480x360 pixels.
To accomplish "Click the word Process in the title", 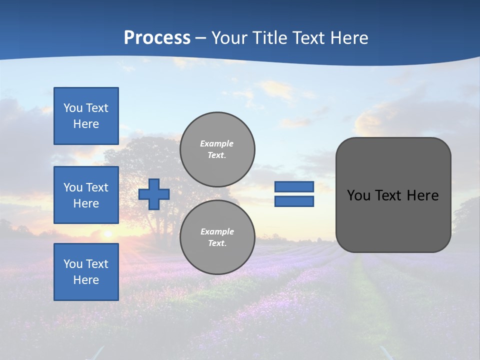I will [157, 37].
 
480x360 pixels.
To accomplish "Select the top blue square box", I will [86, 116].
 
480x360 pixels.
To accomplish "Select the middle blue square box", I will [86, 195].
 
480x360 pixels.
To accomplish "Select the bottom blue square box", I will [86, 272].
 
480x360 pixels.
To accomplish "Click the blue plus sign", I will [154, 194].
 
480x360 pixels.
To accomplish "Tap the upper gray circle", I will [217, 149].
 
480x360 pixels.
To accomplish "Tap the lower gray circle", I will [217, 237].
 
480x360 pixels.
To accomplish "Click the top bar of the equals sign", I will [294, 186].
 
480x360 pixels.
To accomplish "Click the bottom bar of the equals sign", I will [294, 201].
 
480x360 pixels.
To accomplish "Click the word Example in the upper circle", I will [217, 143].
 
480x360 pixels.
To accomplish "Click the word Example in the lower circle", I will [217, 231].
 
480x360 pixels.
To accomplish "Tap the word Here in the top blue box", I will [86, 124].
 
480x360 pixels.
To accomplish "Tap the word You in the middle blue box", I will [72, 187].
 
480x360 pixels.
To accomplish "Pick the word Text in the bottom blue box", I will [97, 264].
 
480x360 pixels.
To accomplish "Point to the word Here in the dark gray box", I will [423, 195].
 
